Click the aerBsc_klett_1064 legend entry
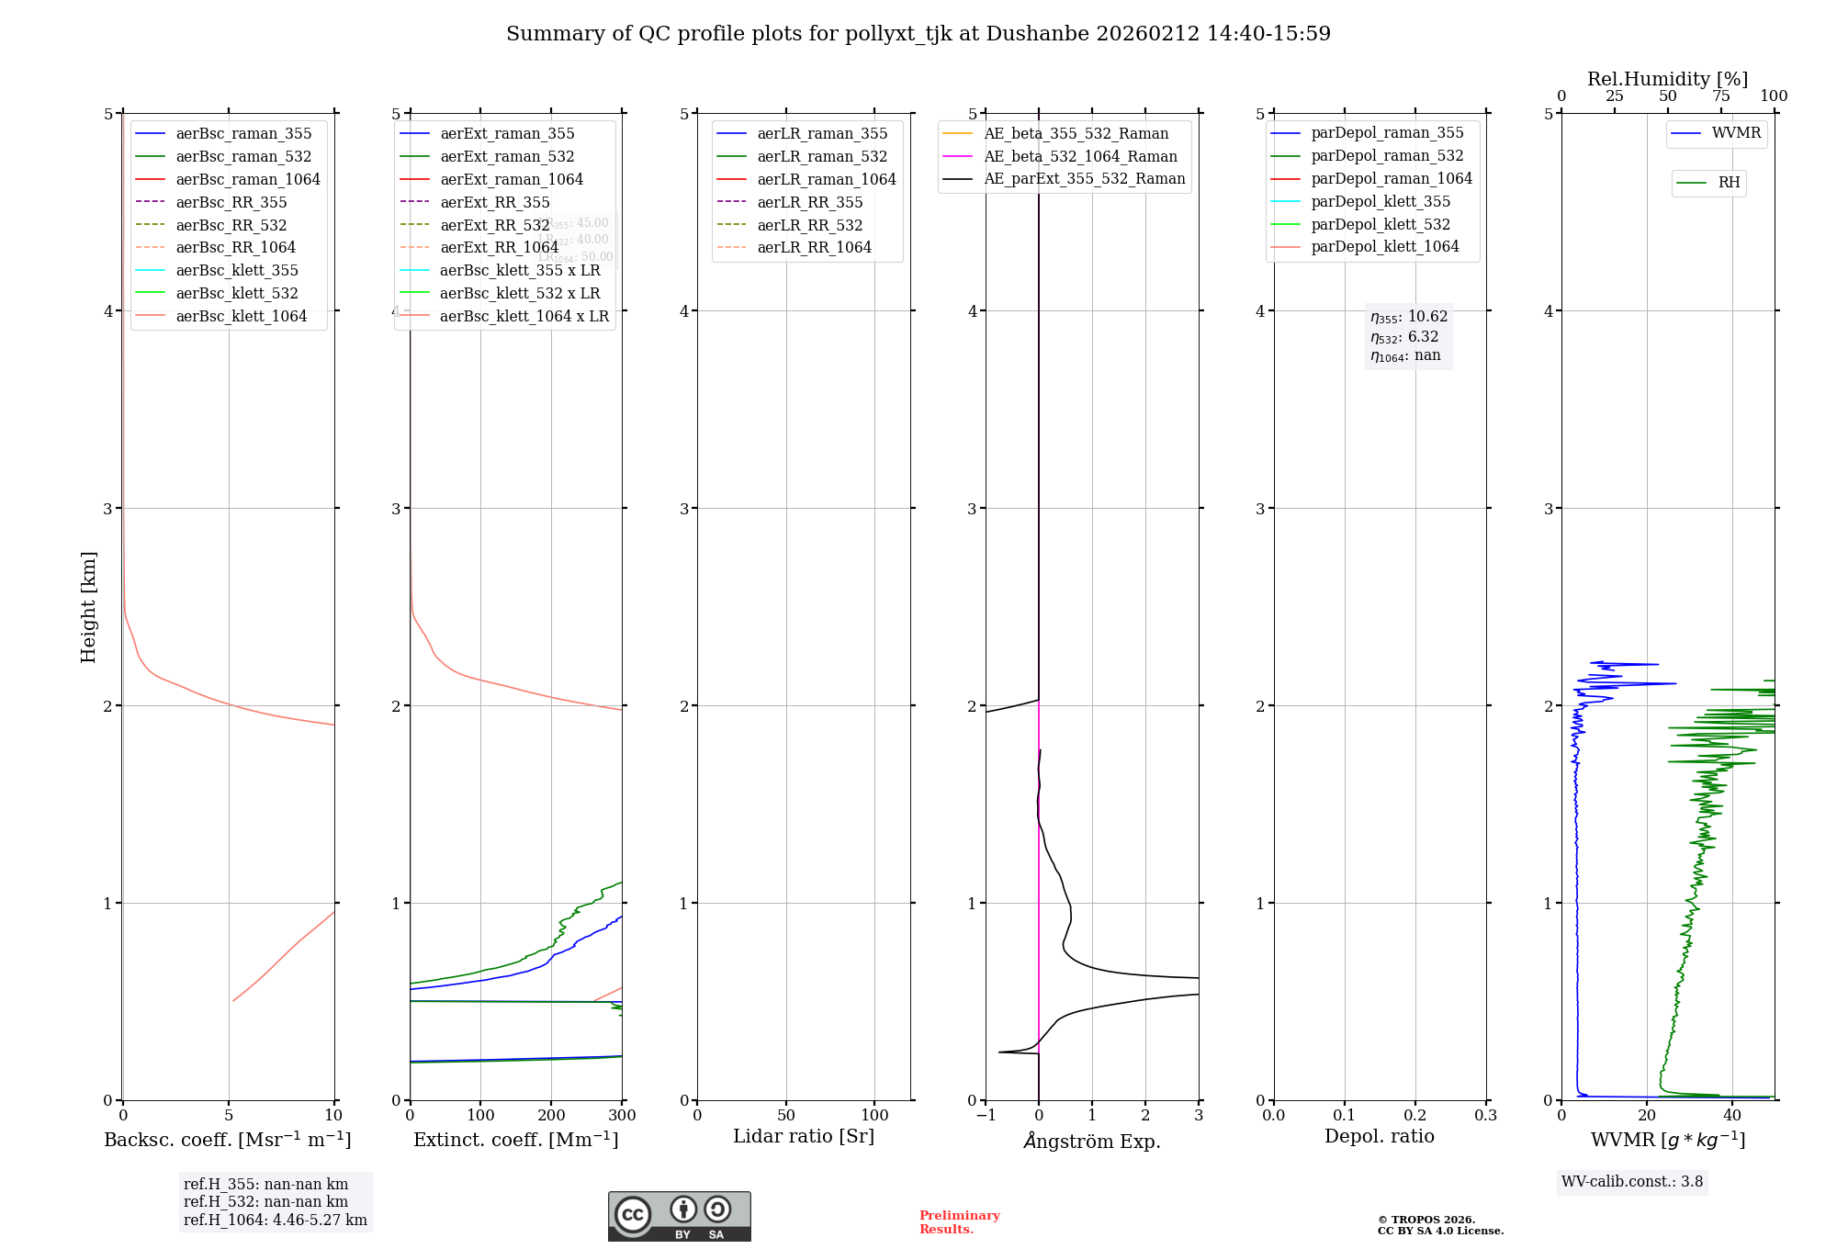pos(241,316)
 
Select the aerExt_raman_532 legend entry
pos(507,156)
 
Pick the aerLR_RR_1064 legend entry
pos(814,247)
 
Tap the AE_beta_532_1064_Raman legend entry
pos(1080,156)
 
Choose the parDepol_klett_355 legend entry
pos(1381,201)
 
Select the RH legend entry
pos(1729,183)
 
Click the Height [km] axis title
pos(88,607)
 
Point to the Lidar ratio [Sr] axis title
pos(804,1136)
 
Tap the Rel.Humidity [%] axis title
pos(1667,79)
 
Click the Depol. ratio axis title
pos(1379,1136)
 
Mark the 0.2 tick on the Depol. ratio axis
pos(1415,1115)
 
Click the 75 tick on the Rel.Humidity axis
pos(1721,96)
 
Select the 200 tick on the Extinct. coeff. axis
pos(551,1115)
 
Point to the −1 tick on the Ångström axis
pos(986,1115)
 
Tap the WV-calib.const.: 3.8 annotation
pos(1632,1181)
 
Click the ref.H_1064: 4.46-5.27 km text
pos(275,1220)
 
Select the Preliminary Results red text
pos(959,1221)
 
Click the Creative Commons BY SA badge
pos(679,1216)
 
